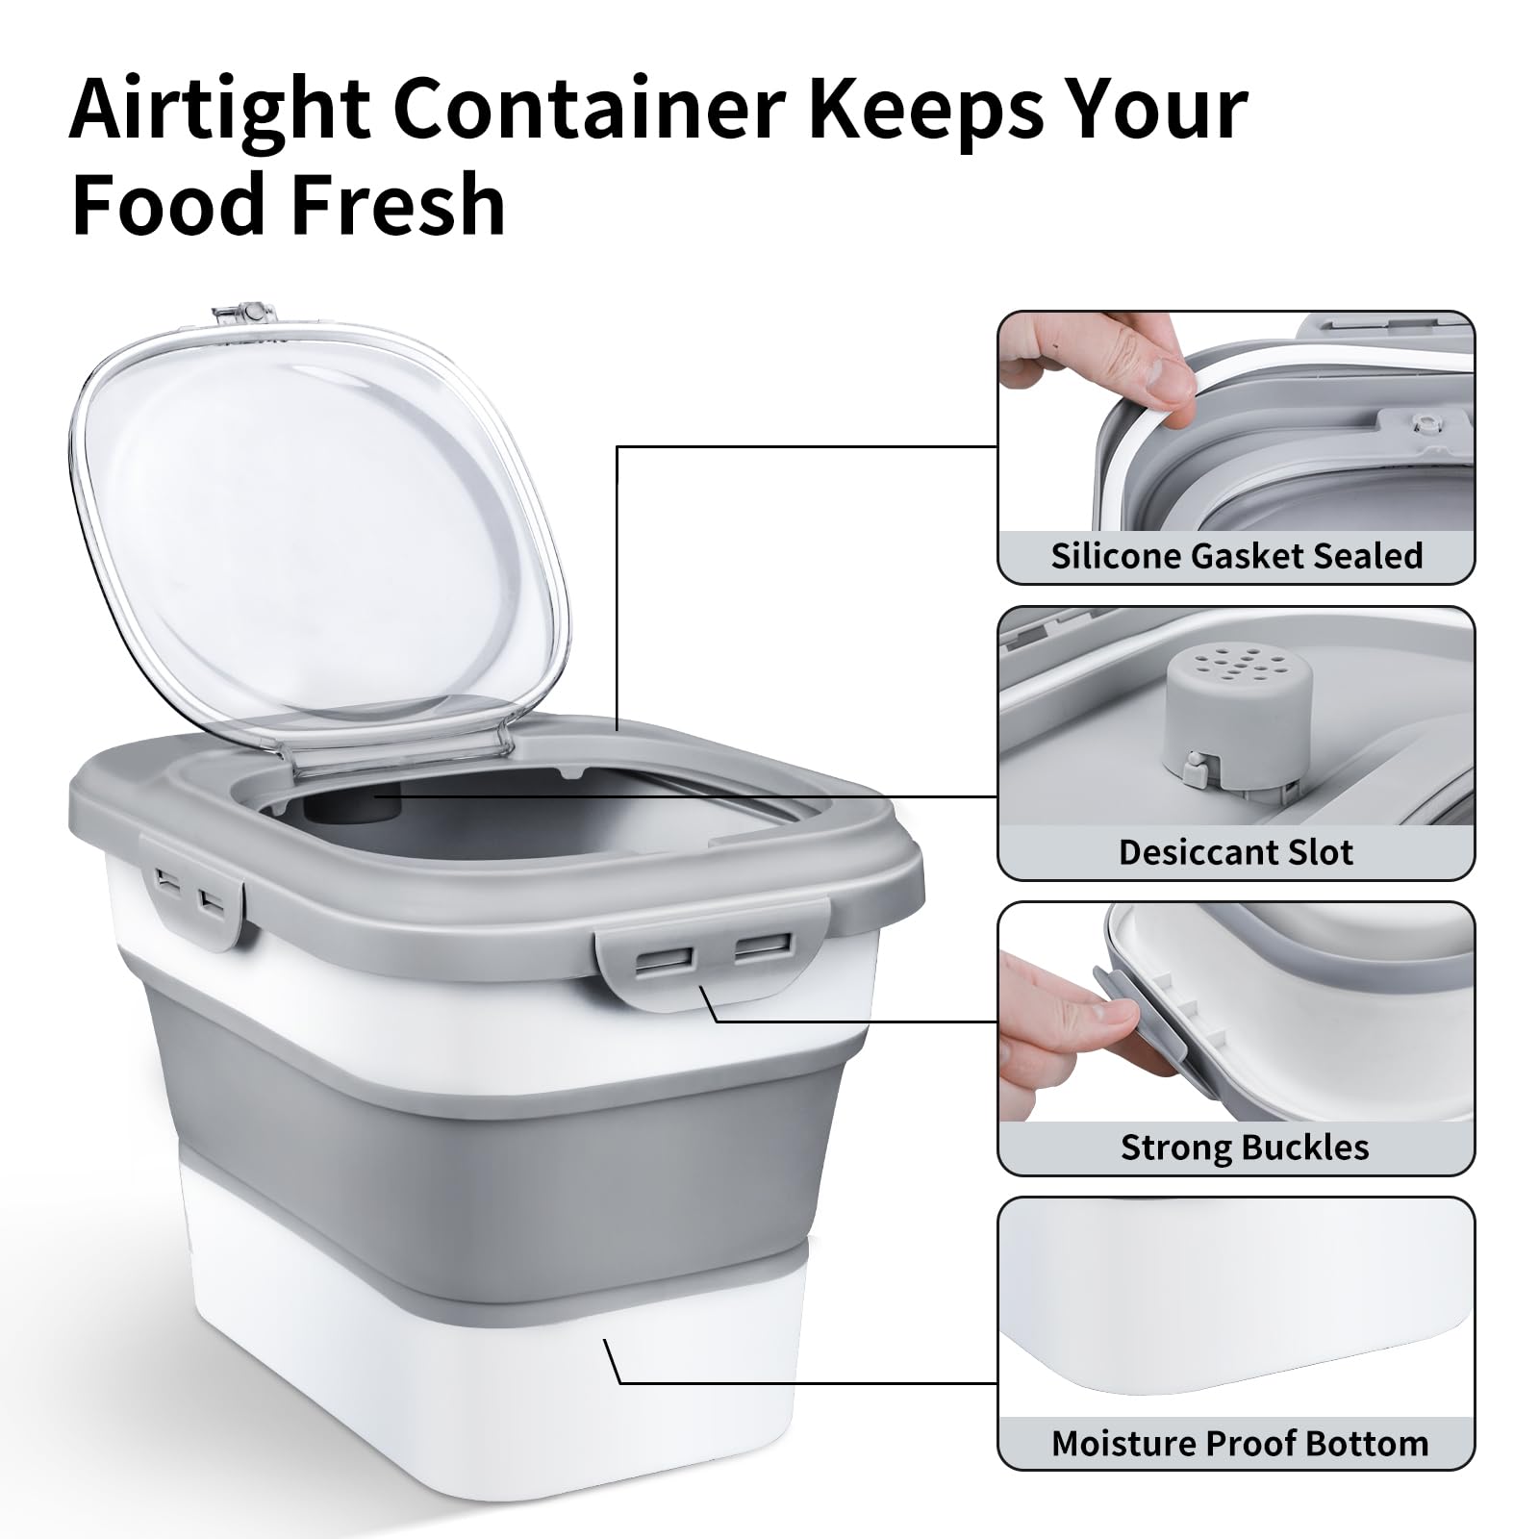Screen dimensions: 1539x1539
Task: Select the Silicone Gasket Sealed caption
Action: pyautogui.click(x=1236, y=556)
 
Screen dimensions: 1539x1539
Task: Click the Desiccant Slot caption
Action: pyautogui.click(x=1236, y=852)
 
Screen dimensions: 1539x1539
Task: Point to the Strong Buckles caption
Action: pyautogui.click(x=1245, y=1148)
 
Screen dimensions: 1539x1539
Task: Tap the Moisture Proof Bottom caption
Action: pyautogui.click(x=1239, y=1444)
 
